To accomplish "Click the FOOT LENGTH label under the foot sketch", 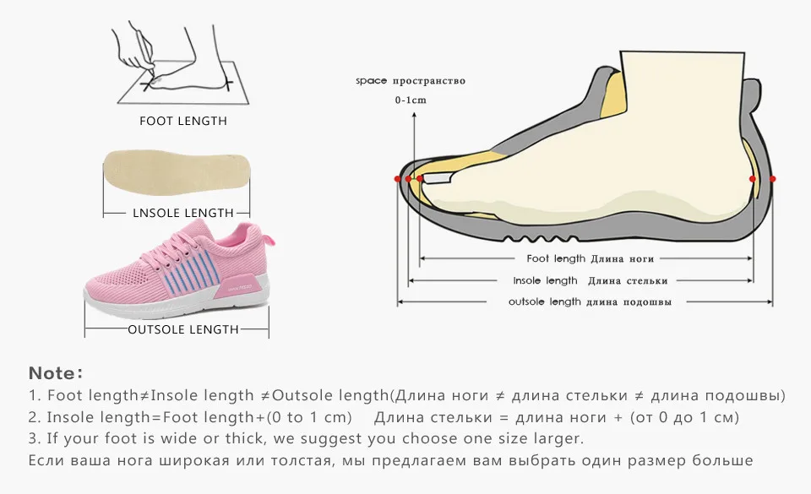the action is click(x=183, y=121).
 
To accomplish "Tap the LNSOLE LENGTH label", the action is click(x=183, y=213).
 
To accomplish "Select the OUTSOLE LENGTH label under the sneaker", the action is click(x=183, y=329).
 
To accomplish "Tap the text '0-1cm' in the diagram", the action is click(x=411, y=100).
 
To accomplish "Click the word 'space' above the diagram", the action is click(x=371, y=81).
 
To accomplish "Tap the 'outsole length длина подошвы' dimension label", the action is click(x=591, y=302).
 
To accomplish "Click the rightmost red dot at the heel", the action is click(x=772, y=179).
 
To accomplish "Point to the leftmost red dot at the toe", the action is click(x=398, y=179).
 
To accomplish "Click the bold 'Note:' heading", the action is click(x=56, y=373).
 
